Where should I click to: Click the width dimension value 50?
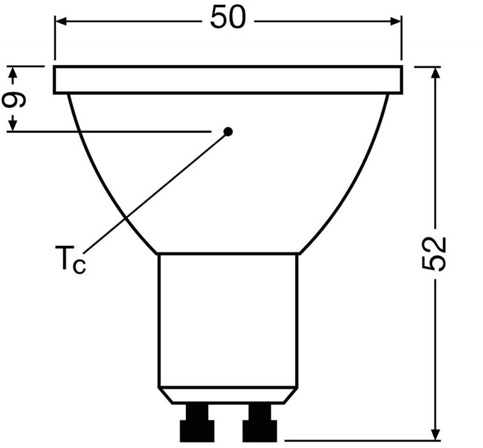pyautogui.click(x=228, y=18)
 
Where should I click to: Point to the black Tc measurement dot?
pyautogui.click(x=228, y=132)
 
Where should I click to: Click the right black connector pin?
pyautogui.click(x=260, y=422)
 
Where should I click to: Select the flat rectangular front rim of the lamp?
pyautogui.click(x=228, y=80)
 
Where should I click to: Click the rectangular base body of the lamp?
pyautogui.click(x=228, y=320)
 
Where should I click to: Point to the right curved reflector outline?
pyautogui.click(x=356, y=181)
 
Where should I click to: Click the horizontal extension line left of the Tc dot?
pyautogui.click(x=109, y=131)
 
